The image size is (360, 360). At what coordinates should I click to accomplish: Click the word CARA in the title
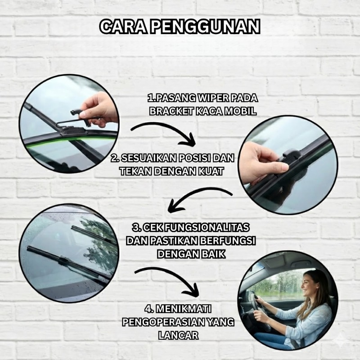coord(123,27)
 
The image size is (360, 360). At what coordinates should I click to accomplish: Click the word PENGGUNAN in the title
coord(206,27)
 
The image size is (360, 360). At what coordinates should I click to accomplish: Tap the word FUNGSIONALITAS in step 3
coord(207,228)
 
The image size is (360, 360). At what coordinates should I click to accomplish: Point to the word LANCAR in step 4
coord(178,335)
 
